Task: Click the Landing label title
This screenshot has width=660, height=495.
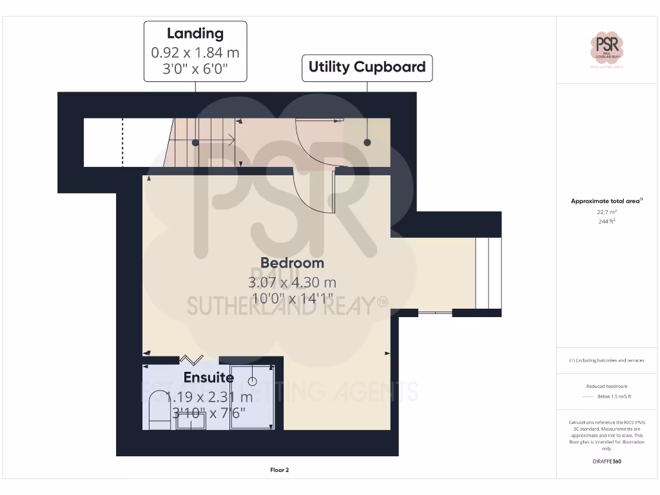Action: tap(195, 34)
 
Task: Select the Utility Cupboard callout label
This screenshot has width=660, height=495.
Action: tap(367, 67)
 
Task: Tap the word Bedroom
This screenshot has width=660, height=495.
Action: tap(292, 263)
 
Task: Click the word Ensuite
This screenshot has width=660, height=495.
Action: tap(208, 378)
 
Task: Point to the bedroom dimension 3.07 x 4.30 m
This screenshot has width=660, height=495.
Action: tap(292, 282)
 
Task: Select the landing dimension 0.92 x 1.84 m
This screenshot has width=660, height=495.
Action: tap(195, 52)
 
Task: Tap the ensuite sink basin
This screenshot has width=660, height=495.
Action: tap(191, 421)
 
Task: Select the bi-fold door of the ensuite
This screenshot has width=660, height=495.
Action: tap(191, 359)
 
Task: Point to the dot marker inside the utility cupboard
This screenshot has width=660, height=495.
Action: tap(367, 142)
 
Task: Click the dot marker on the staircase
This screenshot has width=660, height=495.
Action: tap(195, 142)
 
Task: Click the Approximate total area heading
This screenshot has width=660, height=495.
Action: tap(607, 201)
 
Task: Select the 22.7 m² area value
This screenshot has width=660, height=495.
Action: tap(607, 211)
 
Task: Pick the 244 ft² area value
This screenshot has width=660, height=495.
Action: tap(607, 221)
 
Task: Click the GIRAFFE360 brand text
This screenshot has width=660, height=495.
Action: tap(607, 461)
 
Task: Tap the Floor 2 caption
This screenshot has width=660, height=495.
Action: tap(279, 470)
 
